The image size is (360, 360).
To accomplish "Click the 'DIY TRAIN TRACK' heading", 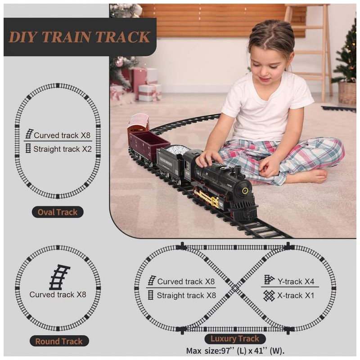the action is tap(80, 37).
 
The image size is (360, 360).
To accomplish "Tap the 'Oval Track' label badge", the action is tap(58, 212).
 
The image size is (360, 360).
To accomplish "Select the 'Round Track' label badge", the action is tap(59, 341).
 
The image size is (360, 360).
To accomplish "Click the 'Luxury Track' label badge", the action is tap(235, 339).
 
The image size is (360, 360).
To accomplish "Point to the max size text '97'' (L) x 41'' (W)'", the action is tap(252, 351).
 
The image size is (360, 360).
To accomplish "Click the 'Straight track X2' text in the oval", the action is tap(63, 149).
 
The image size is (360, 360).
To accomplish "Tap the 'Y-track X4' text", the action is tap(296, 281).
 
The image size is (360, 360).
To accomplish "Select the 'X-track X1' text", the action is tap(296, 296).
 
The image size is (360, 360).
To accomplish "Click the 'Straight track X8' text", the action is tap(186, 296).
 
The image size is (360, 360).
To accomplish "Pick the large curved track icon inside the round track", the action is tap(59, 277).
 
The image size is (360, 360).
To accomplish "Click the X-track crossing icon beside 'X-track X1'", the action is tap(269, 296).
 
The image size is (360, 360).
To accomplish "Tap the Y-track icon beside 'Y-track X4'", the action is tap(269, 279).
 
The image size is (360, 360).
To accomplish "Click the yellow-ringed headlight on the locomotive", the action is tap(245, 190).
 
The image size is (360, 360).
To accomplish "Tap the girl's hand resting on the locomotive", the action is tap(208, 159).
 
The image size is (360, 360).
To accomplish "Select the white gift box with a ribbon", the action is tap(149, 93).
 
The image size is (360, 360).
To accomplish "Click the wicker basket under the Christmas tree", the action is tap(347, 93).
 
